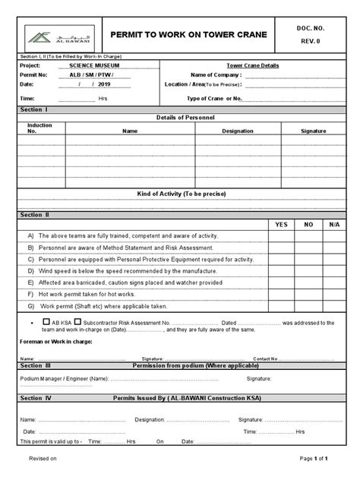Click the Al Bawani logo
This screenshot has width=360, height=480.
(50, 34)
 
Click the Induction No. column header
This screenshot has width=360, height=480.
(39, 128)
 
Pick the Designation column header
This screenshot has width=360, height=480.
(238, 131)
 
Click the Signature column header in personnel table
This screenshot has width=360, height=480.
(313, 131)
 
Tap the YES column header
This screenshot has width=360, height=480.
(282, 225)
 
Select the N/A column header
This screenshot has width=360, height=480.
(334, 225)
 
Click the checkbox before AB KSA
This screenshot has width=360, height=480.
(48, 322)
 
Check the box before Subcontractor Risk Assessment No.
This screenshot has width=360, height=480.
(78, 322)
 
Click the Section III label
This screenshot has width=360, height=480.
(36, 366)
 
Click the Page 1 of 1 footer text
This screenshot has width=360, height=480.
(314, 459)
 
